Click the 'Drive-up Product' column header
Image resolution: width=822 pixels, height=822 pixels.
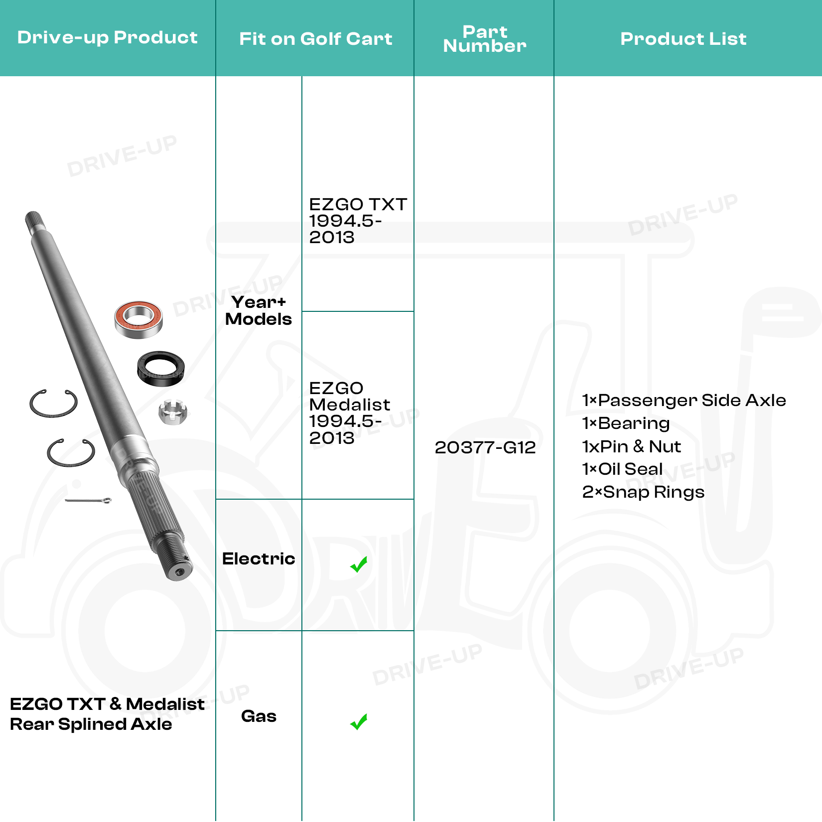[107, 38]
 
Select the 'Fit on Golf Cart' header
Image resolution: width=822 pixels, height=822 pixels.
[315, 39]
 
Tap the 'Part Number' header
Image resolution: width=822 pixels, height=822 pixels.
[485, 39]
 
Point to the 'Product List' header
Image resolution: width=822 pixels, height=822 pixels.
[683, 39]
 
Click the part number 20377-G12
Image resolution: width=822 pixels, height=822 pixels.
[485, 447]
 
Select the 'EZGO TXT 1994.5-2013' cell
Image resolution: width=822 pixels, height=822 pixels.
[358, 220]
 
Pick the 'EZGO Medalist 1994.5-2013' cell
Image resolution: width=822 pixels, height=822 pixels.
[350, 412]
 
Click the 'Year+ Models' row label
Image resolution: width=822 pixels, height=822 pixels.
[259, 310]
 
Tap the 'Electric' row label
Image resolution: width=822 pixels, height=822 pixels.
[259, 558]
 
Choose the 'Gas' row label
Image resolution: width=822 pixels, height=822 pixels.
[259, 716]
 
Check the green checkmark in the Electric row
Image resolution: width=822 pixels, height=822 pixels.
[359, 564]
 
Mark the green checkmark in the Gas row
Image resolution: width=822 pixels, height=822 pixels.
[359, 722]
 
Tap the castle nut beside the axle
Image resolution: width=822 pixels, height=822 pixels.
[172, 411]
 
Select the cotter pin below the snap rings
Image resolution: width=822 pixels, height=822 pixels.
[88, 500]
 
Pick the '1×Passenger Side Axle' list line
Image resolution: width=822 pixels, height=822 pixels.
[684, 400]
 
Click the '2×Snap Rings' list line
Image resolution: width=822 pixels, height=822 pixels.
[643, 492]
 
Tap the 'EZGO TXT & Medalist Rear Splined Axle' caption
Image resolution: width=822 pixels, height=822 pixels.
[107, 714]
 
